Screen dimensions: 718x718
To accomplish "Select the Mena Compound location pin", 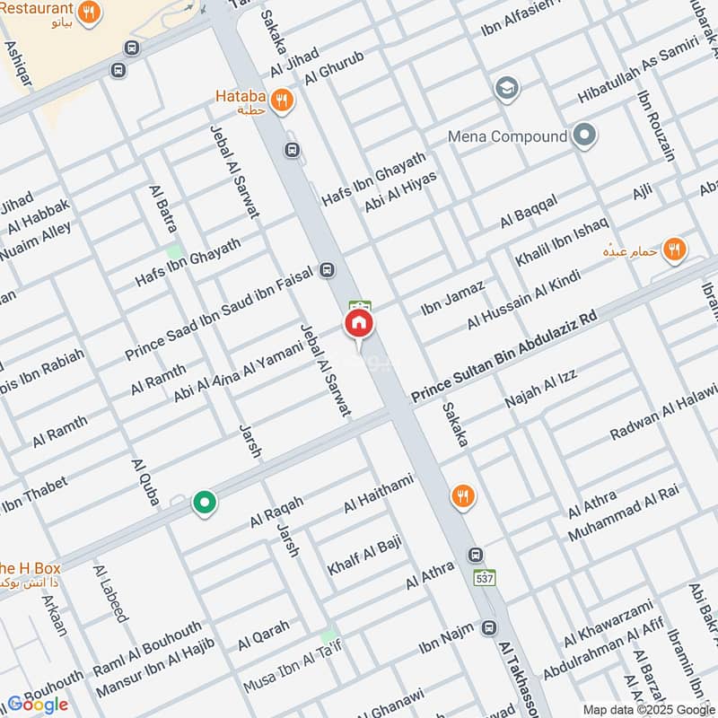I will point(584,136).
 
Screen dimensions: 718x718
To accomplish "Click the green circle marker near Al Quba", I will point(205,503).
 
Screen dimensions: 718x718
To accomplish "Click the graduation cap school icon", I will point(506,89).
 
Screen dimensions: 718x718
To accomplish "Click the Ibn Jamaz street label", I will point(453,298).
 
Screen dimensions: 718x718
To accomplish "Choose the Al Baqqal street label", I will point(530,211).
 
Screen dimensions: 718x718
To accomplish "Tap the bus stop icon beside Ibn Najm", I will point(489,627).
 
